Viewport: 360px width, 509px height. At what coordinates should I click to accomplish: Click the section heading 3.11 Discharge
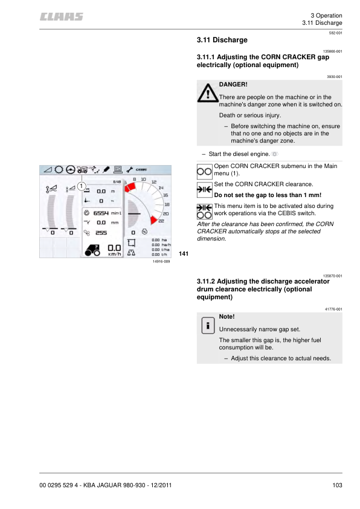tap(222, 41)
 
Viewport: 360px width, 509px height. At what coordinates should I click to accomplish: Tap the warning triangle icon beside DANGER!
tap(207, 92)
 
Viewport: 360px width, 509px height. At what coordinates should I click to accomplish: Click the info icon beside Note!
tap(207, 325)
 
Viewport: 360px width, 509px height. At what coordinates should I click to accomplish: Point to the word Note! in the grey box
tap(227, 317)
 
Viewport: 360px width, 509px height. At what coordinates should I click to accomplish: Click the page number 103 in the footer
tap(337, 485)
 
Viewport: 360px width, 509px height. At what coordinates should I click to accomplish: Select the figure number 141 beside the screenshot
tap(184, 253)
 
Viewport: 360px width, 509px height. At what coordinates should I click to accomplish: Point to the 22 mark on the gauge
tap(161, 221)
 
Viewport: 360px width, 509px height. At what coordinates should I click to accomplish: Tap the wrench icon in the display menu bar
tap(129, 169)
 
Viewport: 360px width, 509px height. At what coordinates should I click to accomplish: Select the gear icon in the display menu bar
tap(58, 169)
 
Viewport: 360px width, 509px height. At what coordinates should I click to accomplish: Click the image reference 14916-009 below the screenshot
tap(161, 261)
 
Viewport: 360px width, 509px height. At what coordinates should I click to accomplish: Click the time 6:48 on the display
tap(117, 181)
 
